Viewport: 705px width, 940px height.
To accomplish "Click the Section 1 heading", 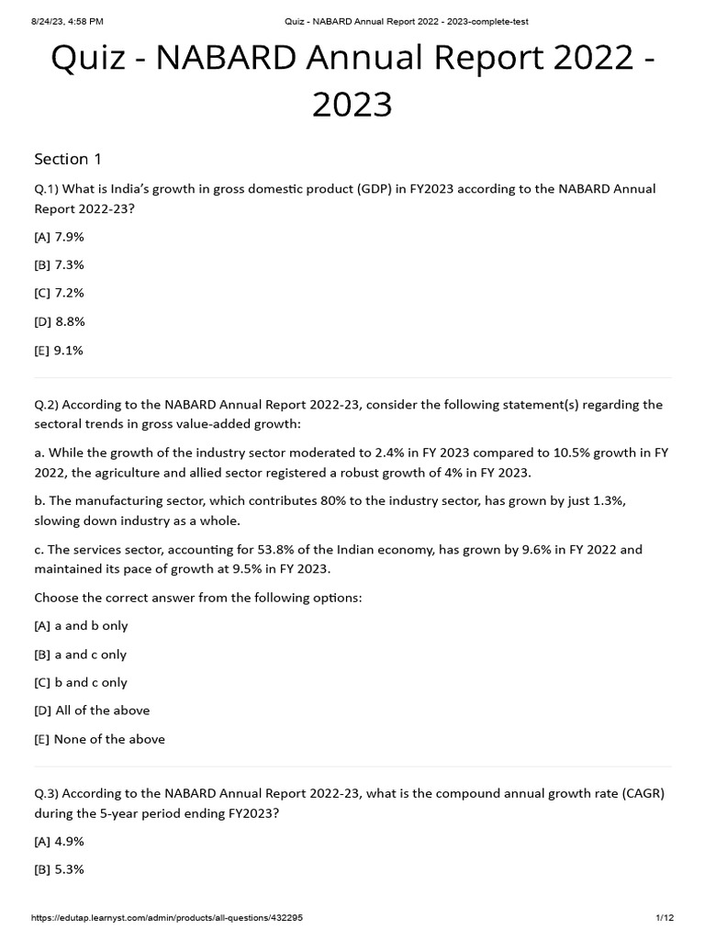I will tap(68, 159).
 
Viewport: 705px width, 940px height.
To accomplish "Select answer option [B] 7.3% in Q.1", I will tap(60, 264).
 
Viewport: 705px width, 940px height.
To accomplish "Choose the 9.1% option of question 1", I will tap(60, 350).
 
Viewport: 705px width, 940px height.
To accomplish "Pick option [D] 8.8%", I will tap(60, 321).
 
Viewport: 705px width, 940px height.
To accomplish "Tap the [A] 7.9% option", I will tap(60, 236).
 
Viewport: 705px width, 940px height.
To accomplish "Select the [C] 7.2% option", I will tap(60, 293).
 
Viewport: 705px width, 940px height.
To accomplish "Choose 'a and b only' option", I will tap(82, 625).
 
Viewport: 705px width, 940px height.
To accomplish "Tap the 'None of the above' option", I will tap(99, 739).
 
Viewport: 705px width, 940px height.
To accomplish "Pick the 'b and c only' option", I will tap(82, 682).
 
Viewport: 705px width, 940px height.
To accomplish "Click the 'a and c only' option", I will tap(81, 655).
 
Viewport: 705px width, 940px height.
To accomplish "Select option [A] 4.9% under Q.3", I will tap(60, 841).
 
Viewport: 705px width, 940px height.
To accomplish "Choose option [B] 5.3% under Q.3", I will tap(60, 869).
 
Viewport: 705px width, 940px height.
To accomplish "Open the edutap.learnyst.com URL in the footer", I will tap(167, 918).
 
